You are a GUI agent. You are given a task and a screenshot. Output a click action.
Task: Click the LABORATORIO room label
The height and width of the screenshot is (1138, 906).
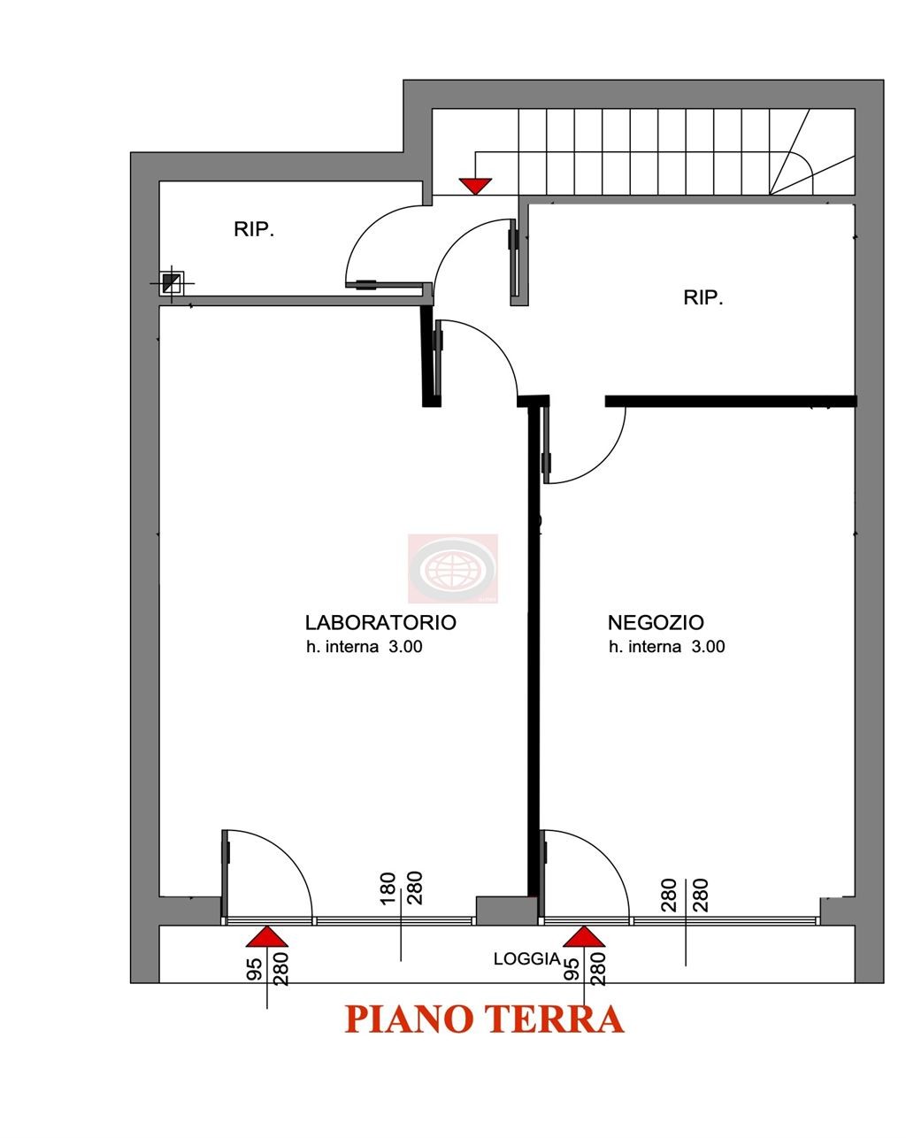pyautogui.click(x=380, y=622)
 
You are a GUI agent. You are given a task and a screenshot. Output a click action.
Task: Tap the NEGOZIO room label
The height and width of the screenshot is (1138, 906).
pyautogui.click(x=656, y=622)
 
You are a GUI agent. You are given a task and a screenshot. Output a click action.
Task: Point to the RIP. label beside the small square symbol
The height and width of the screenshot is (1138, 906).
pyautogui.click(x=254, y=229)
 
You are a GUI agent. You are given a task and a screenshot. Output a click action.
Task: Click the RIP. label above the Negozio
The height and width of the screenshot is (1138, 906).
pyautogui.click(x=703, y=297)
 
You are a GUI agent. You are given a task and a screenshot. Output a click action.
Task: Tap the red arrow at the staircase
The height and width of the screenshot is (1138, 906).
pyautogui.click(x=475, y=186)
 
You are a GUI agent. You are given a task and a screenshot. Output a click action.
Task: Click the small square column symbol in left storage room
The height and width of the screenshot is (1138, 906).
pyautogui.click(x=172, y=283)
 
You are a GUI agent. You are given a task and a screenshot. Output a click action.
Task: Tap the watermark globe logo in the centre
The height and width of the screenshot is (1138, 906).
pyautogui.click(x=453, y=568)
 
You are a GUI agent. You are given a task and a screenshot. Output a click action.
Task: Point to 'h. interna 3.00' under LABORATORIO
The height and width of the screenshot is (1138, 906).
pyautogui.click(x=365, y=647)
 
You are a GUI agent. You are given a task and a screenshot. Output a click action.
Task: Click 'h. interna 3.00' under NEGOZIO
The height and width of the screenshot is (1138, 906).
pyautogui.click(x=667, y=647)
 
